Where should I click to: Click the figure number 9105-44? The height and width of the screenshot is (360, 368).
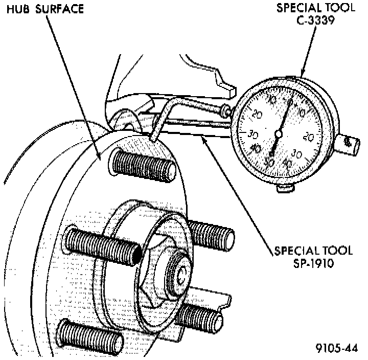click(336, 349)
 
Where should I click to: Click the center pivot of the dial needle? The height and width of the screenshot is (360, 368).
click(278, 134)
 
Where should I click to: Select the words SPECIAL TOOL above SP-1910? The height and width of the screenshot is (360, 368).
click(313, 251)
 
